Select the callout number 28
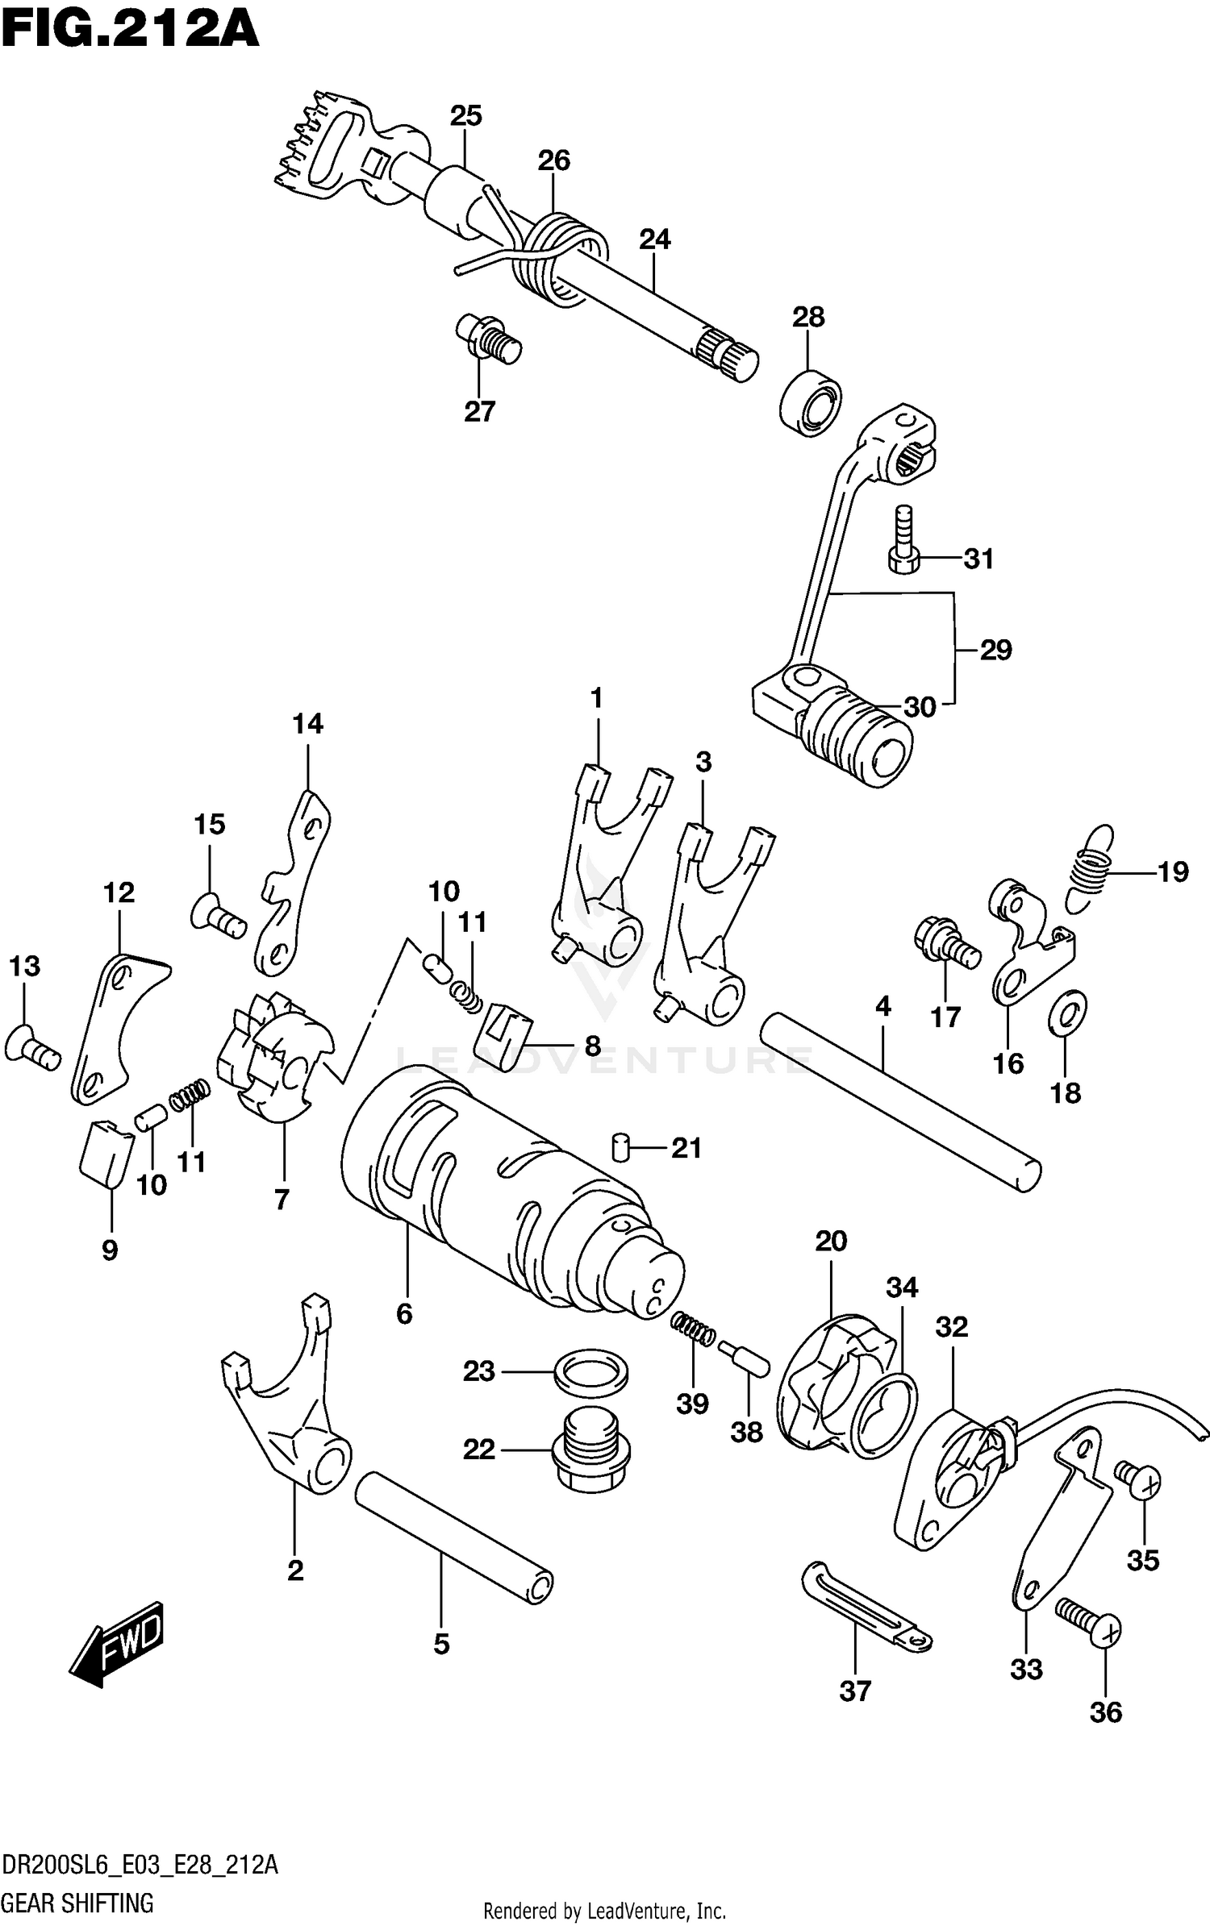tap(808, 317)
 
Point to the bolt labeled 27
tap(489, 339)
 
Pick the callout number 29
tap(995, 650)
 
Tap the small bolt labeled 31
tap(904, 541)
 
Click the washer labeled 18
tap(1067, 1013)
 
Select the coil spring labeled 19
tap(1088, 870)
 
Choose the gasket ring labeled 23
tap(591, 1371)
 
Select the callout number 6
tap(404, 1314)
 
